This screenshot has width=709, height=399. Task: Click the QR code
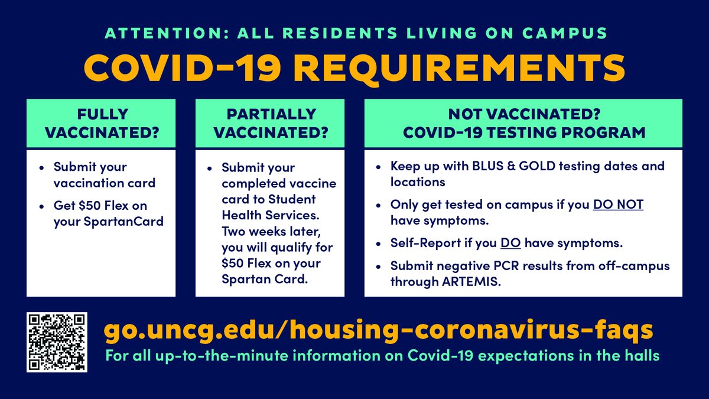[57, 342]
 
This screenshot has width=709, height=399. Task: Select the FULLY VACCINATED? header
[101, 123]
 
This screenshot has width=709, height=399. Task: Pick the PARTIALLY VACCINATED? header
[270, 123]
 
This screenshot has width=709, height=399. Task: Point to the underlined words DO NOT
[618, 205]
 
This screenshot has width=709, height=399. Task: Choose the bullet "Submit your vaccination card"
[103, 175]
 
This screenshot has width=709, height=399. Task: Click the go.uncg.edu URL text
[378, 330]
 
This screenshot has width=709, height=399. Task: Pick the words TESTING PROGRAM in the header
[577, 132]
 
